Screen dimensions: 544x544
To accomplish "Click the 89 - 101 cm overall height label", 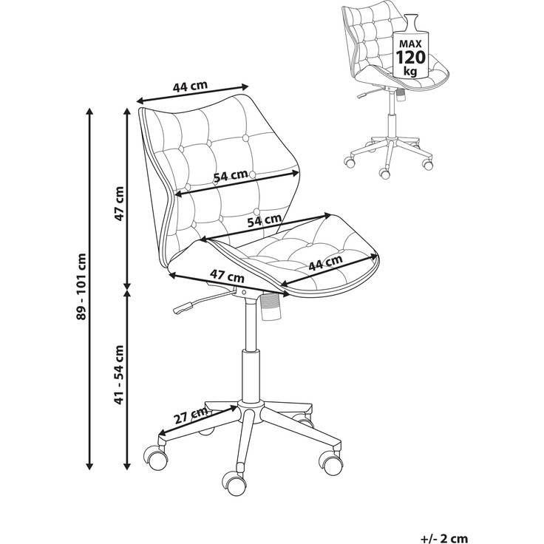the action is (x=82, y=287).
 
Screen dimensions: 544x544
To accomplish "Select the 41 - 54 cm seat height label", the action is (x=119, y=375).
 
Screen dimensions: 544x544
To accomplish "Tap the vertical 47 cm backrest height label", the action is (x=119, y=204).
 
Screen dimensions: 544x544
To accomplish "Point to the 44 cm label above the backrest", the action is (x=190, y=86).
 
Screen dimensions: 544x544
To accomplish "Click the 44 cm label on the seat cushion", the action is (x=325, y=262).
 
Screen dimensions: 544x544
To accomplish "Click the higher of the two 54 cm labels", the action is (x=231, y=175).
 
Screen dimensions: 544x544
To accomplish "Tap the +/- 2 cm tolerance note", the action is (x=444, y=538).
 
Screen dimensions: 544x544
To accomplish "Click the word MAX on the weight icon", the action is (x=410, y=44).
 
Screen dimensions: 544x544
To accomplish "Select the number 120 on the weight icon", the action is (x=410, y=57).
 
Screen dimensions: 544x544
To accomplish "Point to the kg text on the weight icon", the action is (x=410, y=72).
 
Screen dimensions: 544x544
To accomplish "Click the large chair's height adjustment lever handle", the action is (x=183, y=307).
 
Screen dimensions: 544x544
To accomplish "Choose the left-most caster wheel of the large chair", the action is (x=155, y=458).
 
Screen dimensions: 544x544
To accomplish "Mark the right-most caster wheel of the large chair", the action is (x=330, y=462).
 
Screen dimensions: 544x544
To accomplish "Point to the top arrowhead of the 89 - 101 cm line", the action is (x=89, y=112).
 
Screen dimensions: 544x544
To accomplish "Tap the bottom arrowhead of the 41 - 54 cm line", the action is (x=127, y=466).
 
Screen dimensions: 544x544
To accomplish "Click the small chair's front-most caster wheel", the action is (x=384, y=173).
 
